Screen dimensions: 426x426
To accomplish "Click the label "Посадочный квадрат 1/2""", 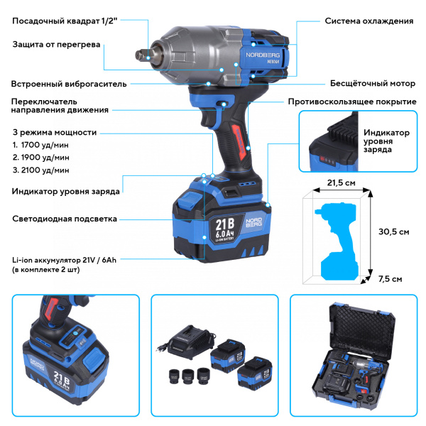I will pos(62,21).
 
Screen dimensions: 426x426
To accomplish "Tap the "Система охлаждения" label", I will pos(369,21).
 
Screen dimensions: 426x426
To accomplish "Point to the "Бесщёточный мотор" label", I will pos(371,83).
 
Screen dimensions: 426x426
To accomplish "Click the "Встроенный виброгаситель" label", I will pos(70,83).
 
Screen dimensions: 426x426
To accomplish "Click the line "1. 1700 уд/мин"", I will pos(41,145).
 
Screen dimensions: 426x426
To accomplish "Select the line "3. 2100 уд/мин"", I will pos(41,170).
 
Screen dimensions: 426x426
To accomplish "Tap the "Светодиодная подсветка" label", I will pos(65,219).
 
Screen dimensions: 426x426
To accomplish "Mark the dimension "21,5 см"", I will pos(340,182).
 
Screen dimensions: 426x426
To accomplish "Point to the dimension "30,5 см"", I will pos(393,231).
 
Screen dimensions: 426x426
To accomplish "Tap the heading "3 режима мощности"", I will pos(55,132).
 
